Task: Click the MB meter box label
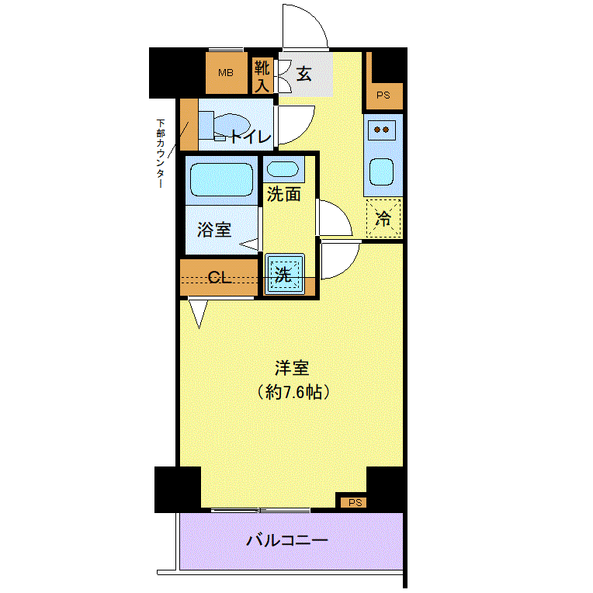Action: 226,73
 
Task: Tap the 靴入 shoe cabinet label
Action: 262,76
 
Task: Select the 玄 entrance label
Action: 304,75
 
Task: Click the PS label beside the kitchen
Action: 383,95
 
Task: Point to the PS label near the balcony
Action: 355,503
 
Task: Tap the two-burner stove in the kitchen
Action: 382,130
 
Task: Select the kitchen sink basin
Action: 381,172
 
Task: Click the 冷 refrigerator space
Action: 383,218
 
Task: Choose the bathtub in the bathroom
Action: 221,179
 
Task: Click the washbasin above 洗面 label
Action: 283,169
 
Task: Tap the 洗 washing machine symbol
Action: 284,274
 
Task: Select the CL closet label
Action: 220,278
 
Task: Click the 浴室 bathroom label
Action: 214,230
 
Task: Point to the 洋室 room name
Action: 292,368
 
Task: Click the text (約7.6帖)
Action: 294,392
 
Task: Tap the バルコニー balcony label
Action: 287,540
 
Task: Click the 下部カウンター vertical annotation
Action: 161,154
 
